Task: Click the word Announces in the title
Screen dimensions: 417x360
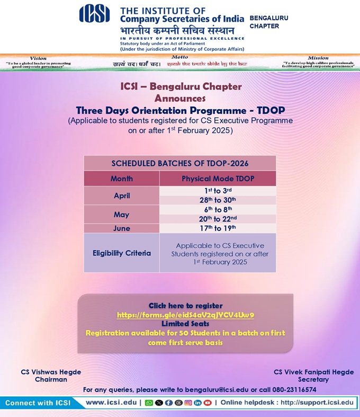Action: pos(180,99)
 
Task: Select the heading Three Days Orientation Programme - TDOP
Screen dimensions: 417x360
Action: pos(180,110)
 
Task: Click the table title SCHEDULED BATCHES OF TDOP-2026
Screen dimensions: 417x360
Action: pos(179,163)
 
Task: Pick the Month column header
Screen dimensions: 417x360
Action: pos(122,179)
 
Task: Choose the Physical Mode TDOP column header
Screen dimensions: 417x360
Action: pos(218,179)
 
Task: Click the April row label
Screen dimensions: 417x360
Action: pos(122,196)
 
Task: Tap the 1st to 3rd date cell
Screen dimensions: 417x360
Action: pos(218,191)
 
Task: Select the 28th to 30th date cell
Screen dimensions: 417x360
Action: pos(218,200)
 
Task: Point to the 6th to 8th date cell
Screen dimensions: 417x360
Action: pos(218,209)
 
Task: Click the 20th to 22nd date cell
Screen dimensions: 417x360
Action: pos(218,219)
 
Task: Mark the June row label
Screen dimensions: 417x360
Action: pos(122,228)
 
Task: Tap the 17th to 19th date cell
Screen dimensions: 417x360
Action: pos(218,228)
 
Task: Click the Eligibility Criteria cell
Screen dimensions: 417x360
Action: pos(122,253)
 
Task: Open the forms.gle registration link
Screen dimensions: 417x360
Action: pos(185,315)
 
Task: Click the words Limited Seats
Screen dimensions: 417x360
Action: pos(185,323)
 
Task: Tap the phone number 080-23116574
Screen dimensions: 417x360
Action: pos(291,389)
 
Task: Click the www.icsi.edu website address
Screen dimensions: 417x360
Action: pos(110,403)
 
